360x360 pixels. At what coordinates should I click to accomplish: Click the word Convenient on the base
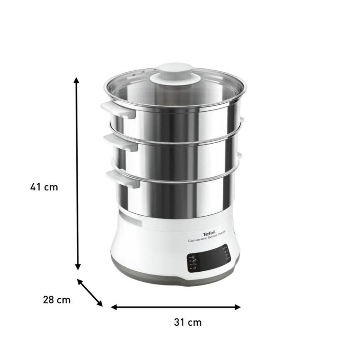[199, 240]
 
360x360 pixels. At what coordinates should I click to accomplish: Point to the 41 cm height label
[44, 187]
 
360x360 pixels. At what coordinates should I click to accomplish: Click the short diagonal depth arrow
[90, 292]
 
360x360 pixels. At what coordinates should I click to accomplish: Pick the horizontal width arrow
[176, 307]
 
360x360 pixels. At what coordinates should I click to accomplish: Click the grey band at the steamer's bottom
[176, 276]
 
